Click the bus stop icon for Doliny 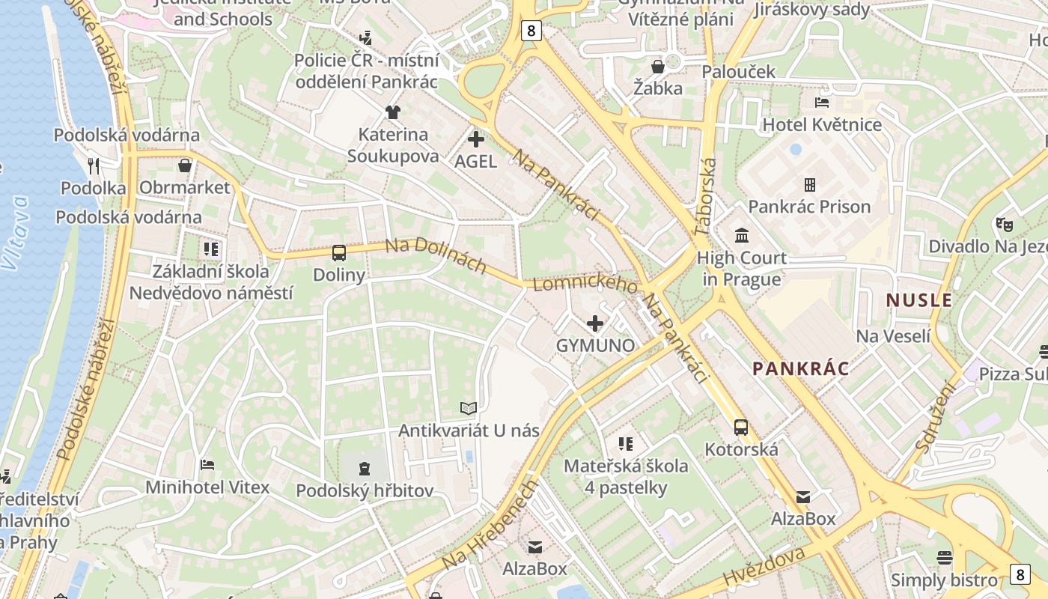tap(339, 253)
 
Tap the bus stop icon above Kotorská tap(741, 428)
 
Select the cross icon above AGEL tap(475, 139)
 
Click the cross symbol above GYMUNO tap(595, 323)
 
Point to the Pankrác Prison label tap(809, 207)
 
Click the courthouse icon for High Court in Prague tap(742, 236)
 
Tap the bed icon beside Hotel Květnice tap(822, 102)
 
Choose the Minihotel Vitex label tap(207, 487)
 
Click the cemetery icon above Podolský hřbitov tap(365, 469)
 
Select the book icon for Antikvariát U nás tap(469, 408)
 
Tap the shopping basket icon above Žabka tap(658, 67)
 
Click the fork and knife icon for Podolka tap(94, 165)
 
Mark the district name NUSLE tap(919, 301)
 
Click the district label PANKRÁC tap(801, 368)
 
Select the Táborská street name tap(705, 197)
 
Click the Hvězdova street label tap(764, 567)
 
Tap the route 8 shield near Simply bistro tap(1020, 574)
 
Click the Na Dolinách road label tap(436, 256)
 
